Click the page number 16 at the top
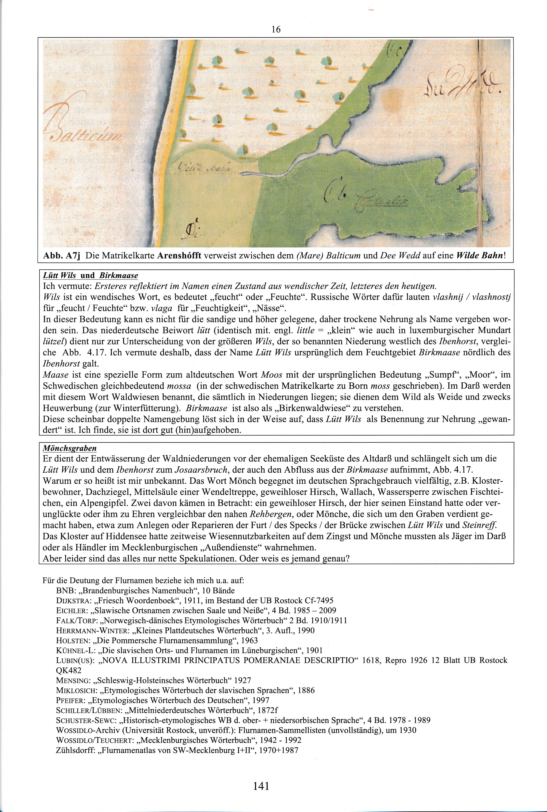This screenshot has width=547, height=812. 276,30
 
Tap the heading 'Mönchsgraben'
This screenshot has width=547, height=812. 69,448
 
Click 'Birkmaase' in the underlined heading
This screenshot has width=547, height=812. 119,275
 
